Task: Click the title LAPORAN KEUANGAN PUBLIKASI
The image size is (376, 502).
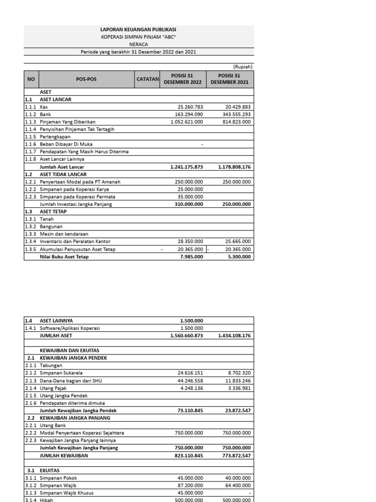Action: click(x=138, y=29)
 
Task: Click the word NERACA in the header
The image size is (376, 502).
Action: click(x=138, y=44)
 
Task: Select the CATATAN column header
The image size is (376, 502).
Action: click(x=148, y=79)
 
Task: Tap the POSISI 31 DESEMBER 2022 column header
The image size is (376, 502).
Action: click(x=183, y=79)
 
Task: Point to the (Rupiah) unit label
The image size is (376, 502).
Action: click(x=242, y=67)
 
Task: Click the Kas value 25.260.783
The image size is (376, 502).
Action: click(x=190, y=107)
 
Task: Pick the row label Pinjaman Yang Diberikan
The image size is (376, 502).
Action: click(x=68, y=122)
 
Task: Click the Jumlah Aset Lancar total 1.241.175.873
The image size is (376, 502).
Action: click(x=187, y=167)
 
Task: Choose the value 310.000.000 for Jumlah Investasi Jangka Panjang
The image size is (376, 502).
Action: click(x=189, y=204)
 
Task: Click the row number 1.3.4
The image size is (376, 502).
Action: click(x=31, y=242)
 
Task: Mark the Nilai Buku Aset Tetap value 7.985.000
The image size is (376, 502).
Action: click(x=191, y=257)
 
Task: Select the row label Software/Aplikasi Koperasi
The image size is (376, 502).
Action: click(x=70, y=328)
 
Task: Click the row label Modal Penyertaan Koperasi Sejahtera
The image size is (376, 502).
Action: click(x=82, y=433)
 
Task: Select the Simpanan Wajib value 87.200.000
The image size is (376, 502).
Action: click(x=189, y=485)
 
